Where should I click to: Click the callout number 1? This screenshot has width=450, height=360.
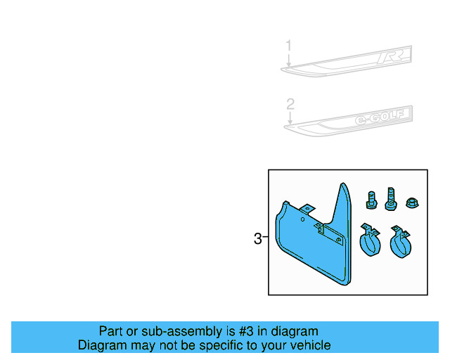pyautogui.click(x=288, y=46)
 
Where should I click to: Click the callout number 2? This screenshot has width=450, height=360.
pyautogui.click(x=289, y=105)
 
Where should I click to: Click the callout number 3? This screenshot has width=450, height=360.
pyautogui.click(x=257, y=239)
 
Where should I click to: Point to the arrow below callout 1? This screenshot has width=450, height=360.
pyautogui.click(x=288, y=60)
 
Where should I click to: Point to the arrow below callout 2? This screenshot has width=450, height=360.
pyautogui.click(x=289, y=120)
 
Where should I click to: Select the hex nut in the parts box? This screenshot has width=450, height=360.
pyautogui.click(x=410, y=203)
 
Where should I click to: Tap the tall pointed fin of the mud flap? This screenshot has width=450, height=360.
pyautogui.click(x=345, y=204)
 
